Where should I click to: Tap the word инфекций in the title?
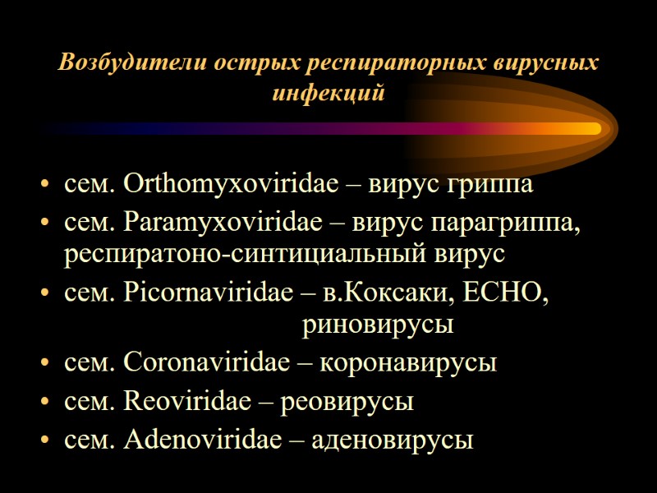click(x=328, y=91)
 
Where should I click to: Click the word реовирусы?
click(x=347, y=402)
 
